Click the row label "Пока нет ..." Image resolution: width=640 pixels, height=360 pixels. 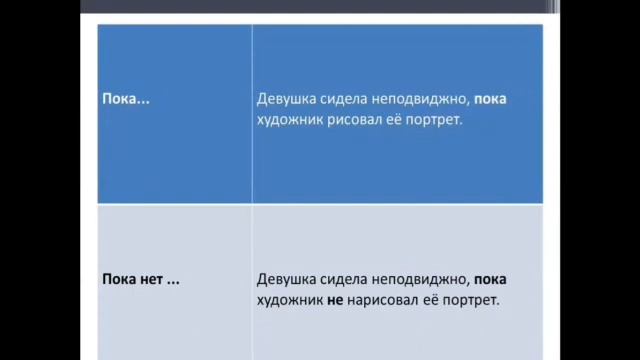[141, 279]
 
